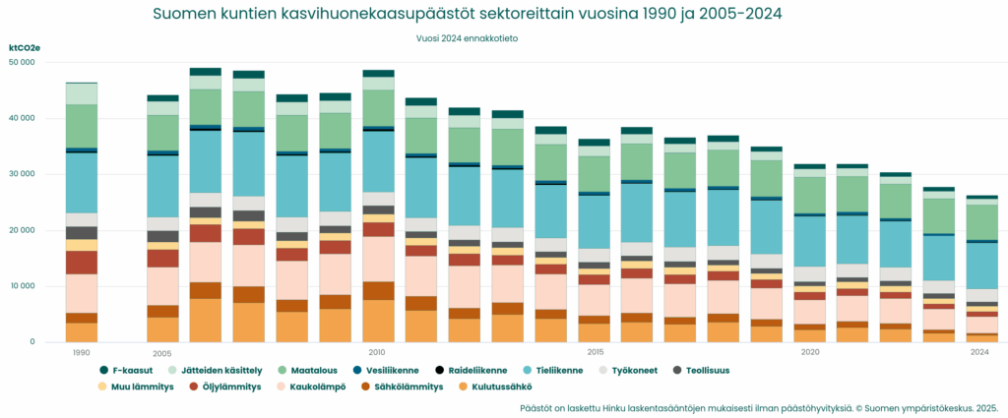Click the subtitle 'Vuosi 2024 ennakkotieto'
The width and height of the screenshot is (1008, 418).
click(x=468, y=39)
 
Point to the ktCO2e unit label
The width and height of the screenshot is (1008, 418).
click(x=24, y=47)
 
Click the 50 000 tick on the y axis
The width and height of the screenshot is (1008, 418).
click(x=21, y=62)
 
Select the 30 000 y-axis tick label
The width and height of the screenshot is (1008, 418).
click(x=21, y=174)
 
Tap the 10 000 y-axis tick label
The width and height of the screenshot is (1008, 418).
click(x=21, y=286)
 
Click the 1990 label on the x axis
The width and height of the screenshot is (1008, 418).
click(x=81, y=351)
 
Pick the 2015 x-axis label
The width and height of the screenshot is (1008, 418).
click(x=595, y=351)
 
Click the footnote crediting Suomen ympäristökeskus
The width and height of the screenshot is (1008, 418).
click(x=759, y=406)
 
